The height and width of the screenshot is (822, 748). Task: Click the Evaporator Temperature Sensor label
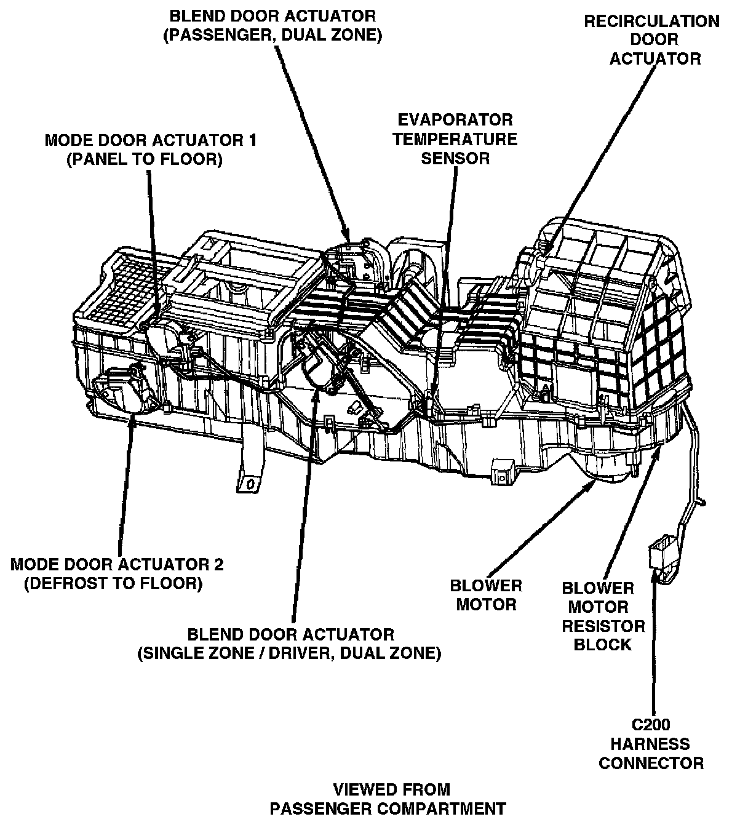click(455, 138)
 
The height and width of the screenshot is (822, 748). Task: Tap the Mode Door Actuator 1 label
click(151, 150)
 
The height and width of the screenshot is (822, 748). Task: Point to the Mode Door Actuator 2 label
click(117, 573)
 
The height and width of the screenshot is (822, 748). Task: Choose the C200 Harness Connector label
click(651, 744)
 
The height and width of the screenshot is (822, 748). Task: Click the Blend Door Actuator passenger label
click(273, 25)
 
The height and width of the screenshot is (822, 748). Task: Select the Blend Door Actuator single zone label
click(289, 643)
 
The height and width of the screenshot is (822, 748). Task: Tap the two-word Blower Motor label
click(486, 595)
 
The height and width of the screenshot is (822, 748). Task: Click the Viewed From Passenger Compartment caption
click(391, 798)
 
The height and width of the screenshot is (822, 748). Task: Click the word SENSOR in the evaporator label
click(455, 158)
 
